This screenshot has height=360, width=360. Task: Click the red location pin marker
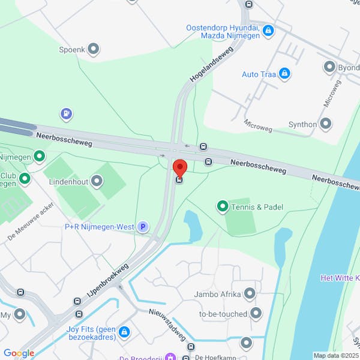pyautogui.click(x=179, y=168)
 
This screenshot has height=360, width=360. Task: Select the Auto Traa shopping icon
pyautogui.click(x=284, y=74)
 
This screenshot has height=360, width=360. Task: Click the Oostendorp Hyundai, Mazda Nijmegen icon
pyautogui.click(x=268, y=29)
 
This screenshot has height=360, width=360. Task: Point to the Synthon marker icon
pyautogui.click(x=326, y=124)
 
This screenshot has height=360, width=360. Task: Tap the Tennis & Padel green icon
pyautogui.click(x=223, y=207)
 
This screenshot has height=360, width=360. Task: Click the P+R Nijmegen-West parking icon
pyautogui.click(x=142, y=227)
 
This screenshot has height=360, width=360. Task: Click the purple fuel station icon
pyautogui.click(x=67, y=113)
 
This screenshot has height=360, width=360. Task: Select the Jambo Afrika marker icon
pyautogui.click(x=250, y=294)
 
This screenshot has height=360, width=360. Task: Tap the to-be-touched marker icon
pyautogui.click(x=256, y=313)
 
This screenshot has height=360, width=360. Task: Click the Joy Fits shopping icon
pyautogui.click(x=124, y=331)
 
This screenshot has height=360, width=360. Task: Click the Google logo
pyautogui.click(x=19, y=353)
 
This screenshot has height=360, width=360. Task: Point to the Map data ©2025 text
pyautogui.click(x=335, y=355)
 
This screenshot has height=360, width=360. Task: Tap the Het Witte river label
pyautogui.click(x=340, y=278)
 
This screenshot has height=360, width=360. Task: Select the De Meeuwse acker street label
pyautogui.click(x=31, y=219)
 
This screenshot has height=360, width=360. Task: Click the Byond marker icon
pyautogui.click(x=329, y=67)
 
